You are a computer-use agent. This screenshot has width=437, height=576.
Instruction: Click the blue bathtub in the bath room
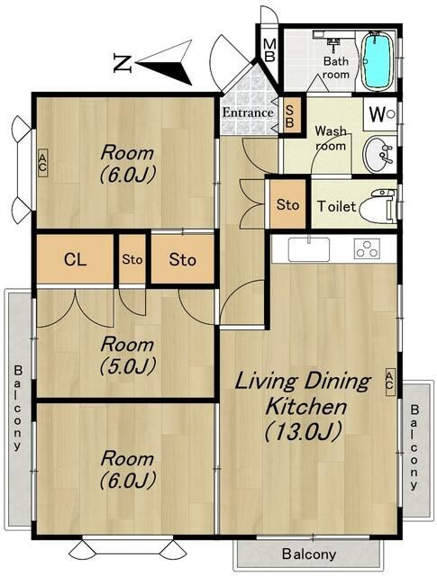377,61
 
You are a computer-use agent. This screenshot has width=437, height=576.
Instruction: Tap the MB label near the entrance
269,50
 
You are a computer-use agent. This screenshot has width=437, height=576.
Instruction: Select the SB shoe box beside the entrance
290,116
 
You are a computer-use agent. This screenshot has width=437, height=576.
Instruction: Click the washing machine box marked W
380,114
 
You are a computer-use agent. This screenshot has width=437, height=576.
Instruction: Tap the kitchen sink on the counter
309,249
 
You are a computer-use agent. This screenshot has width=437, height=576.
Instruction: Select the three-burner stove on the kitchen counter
367,248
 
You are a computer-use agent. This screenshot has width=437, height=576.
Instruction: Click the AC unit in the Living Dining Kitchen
389,382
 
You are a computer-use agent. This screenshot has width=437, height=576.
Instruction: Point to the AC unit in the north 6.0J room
42,163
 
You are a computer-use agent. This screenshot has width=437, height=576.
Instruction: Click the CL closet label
75,260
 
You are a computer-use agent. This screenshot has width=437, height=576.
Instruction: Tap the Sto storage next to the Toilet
287,204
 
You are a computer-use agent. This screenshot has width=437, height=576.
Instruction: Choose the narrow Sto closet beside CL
132,260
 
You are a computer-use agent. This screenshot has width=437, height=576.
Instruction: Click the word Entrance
248,112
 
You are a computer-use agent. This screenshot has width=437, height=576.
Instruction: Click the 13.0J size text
304,431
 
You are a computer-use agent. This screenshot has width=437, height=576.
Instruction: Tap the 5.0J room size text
128,365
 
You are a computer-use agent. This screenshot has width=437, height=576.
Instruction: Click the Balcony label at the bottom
309,553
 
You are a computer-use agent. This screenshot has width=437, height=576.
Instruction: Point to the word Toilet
336,206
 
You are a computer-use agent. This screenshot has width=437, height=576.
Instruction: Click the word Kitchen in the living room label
305,406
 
